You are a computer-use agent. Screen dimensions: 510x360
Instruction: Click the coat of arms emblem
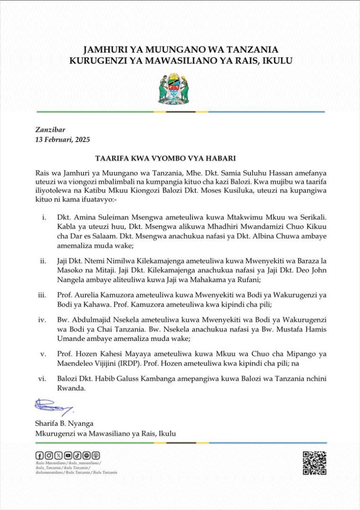[173, 87]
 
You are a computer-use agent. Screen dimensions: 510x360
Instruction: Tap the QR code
[314, 463]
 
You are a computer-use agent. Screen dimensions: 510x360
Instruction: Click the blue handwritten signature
[52, 408]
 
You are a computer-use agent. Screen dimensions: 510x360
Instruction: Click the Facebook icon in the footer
[39, 455]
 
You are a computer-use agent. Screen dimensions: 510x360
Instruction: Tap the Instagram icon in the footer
[48, 455]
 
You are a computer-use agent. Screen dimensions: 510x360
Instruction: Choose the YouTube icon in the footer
[68, 455]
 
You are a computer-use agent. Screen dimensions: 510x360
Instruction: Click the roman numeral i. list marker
[44, 218]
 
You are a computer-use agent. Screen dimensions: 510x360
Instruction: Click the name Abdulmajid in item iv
[86, 320]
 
